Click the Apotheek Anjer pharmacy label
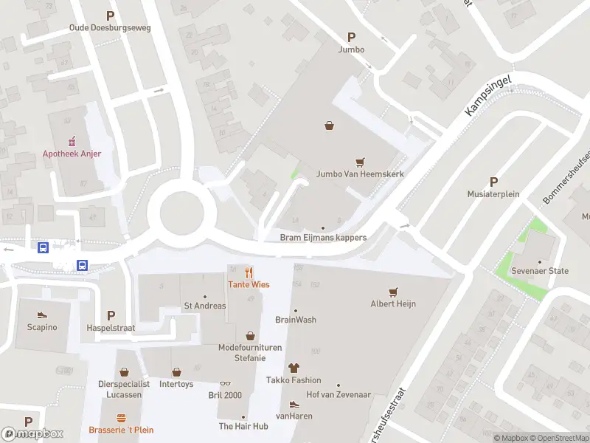coord(72,154)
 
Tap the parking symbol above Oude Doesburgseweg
coord(111,16)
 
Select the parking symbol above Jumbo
coord(351,37)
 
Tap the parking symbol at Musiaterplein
coord(493,182)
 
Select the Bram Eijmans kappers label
coord(323,238)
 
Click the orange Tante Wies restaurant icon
coord(249,272)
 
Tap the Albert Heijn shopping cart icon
coord(393,292)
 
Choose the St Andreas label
coord(205,306)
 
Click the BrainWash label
coord(296,320)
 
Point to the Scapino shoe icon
coord(42,315)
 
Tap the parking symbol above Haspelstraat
coord(111,315)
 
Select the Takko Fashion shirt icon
coord(294,367)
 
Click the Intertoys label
coord(176,384)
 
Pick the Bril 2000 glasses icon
coord(225,384)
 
